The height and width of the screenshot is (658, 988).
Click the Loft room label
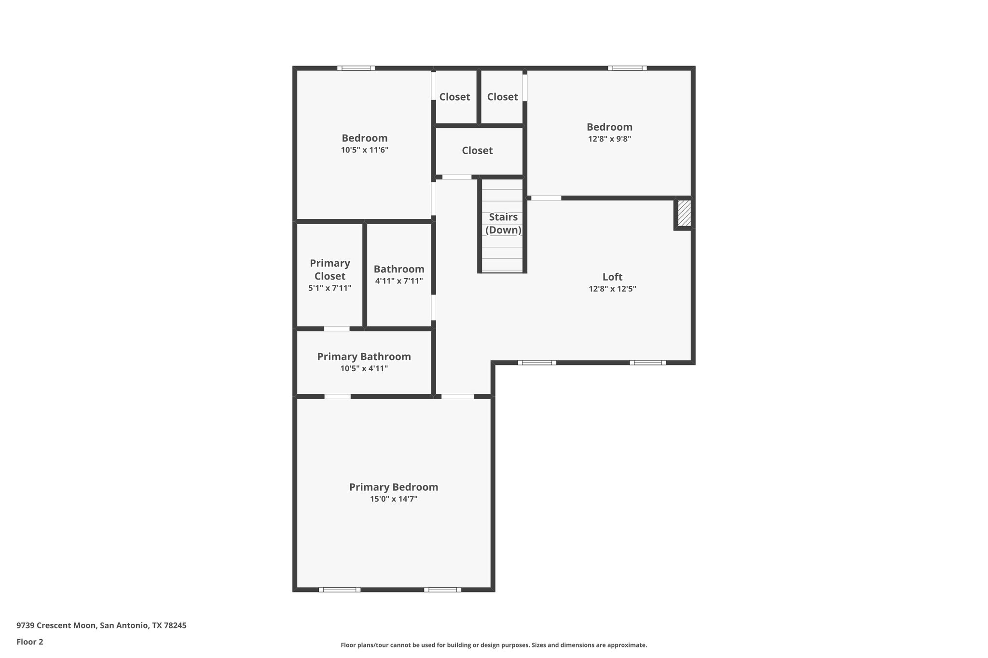612,277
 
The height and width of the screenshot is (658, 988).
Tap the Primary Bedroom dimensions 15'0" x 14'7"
394,499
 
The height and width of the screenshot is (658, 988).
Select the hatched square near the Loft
684,214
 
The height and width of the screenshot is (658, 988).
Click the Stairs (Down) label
503,223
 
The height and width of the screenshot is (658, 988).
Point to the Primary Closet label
330,269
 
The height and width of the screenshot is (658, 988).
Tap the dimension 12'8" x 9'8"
609,139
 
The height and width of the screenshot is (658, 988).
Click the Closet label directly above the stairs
477,150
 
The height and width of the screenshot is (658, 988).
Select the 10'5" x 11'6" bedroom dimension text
365,150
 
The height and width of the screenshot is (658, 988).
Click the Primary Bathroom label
364,356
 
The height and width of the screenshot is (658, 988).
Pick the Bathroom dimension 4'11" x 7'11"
399,281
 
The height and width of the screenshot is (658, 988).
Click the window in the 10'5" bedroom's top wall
356,68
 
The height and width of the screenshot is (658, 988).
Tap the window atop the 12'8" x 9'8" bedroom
627,68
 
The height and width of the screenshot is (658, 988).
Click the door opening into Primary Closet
337,329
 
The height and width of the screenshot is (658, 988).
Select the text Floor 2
30,642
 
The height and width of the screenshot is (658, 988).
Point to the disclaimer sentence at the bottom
494,645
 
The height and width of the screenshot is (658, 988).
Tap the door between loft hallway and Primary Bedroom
458,396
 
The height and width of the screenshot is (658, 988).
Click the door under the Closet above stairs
457,177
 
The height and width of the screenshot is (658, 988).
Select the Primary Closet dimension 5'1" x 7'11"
330,288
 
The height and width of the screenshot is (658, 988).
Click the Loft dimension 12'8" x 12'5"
612,289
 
